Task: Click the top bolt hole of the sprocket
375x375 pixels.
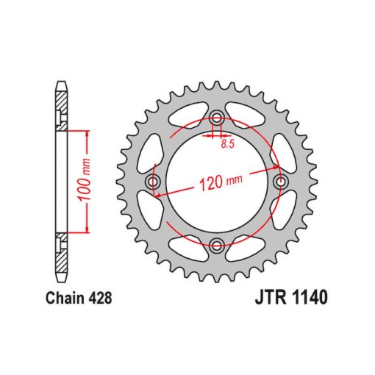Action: tap(217, 118)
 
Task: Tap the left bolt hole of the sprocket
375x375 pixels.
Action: tap(153, 182)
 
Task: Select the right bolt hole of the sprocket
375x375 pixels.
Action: tap(280, 182)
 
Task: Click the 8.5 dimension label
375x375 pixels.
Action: tap(228, 144)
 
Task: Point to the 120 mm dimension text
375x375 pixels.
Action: tap(221, 182)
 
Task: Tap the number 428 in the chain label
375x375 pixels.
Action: tap(101, 298)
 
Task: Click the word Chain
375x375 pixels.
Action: tap(65, 298)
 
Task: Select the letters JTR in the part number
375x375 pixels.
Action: tap(271, 297)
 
